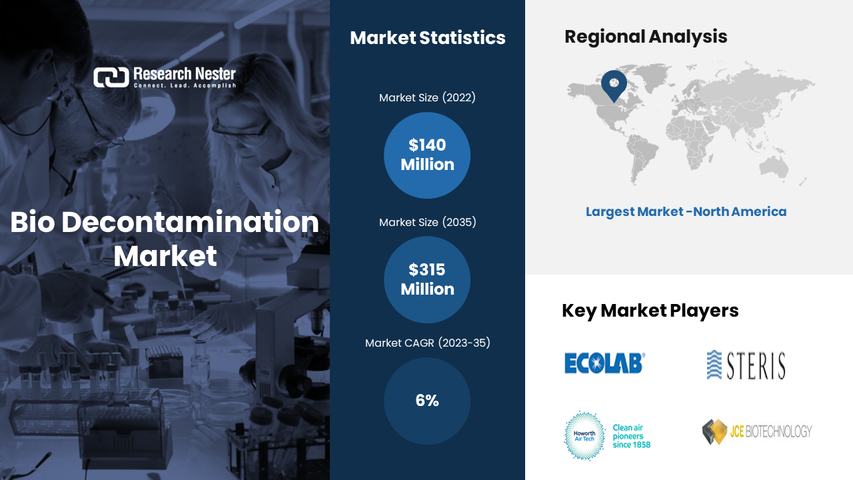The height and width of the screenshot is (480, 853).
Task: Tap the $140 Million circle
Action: pyautogui.click(x=427, y=155)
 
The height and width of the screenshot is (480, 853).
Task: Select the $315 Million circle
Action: pyautogui.click(x=427, y=279)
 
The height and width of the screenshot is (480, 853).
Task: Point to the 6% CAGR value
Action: pyautogui.click(x=427, y=401)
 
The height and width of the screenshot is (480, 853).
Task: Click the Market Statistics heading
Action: pyautogui.click(x=428, y=38)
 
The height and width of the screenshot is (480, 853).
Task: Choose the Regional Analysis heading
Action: pyautogui.click(x=646, y=37)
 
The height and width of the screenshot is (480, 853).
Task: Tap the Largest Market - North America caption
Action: pyautogui.click(x=686, y=212)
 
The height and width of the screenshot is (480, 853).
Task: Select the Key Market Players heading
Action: pyautogui.click(x=650, y=311)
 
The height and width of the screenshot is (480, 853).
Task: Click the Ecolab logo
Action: pyautogui.click(x=604, y=363)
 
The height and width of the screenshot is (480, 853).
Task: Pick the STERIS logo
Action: pyautogui.click(x=746, y=365)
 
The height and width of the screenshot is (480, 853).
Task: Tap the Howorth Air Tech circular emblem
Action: pyautogui.click(x=584, y=436)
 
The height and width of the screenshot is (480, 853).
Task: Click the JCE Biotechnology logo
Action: pyautogui.click(x=757, y=431)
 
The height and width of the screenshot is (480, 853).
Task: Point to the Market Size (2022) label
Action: pyautogui.click(x=427, y=97)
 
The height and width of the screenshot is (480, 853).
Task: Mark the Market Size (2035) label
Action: pyautogui.click(x=427, y=222)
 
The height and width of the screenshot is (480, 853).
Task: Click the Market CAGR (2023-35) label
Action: pyautogui.click(x=427, y=343)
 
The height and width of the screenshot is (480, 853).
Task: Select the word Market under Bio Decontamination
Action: pyautogui.click(x=165, y=256)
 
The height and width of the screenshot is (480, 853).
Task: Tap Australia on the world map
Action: pyautogui.click(x=774, y=167)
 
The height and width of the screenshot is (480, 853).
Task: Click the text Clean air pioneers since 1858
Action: pyautogui.click(x=631, y=436)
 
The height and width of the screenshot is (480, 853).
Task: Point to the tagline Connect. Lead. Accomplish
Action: pyautogui.click(x=185, y=85)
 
